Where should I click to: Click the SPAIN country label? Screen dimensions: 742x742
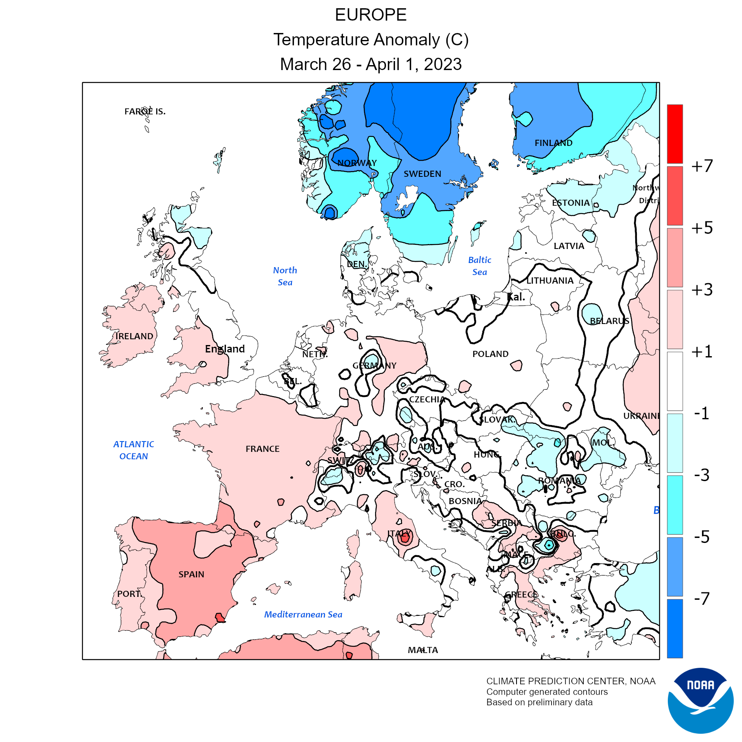point(191,574)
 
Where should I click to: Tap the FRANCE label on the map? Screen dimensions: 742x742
point(263,448)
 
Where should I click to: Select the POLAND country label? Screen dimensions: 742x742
point(491,354)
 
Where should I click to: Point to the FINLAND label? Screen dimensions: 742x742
point(554,143)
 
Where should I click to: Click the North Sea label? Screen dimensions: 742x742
point(285,276)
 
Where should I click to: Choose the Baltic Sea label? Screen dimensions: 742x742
point(480,266)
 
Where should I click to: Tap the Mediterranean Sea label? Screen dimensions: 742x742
point(303,614)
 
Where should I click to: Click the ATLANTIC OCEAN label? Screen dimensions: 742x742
point(134,450)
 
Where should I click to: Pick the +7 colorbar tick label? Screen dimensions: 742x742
point(702,166)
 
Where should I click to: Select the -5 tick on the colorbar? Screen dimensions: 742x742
point(702,537)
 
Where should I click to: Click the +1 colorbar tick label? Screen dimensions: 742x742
point(702,352)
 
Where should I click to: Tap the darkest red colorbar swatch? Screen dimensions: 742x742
point(675,134)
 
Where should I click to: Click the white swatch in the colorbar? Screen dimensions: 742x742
point(675,381)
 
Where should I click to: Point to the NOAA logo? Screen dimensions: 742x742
point(700,700)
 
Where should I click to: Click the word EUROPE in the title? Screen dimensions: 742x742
point(371,15)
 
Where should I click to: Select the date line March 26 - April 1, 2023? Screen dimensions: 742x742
point(371,64)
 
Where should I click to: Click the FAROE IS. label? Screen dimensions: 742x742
point(145,111)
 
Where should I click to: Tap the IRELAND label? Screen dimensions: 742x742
point(134,336)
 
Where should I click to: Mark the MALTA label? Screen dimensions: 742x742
point(423,650)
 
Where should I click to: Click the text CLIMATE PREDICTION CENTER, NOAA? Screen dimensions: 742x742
point(571,681)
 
